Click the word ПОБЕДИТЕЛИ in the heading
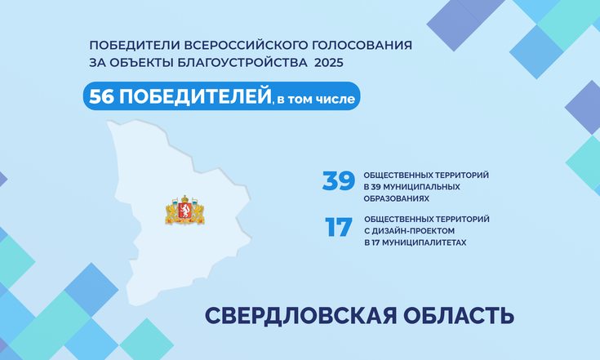point(135,45)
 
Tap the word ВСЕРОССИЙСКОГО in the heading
point(246,45)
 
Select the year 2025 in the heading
point(329,62)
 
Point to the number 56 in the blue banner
point(101,96)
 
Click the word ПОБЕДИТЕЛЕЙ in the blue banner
point(195,96)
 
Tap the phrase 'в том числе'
point(316,99)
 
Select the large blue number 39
point(339,180)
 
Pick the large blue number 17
point(339,227)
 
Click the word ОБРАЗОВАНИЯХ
point(397,198)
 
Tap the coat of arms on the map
point(184,210)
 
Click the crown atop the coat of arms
point(185,198)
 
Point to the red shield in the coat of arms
point(184,211)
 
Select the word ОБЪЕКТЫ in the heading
point(141,62)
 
